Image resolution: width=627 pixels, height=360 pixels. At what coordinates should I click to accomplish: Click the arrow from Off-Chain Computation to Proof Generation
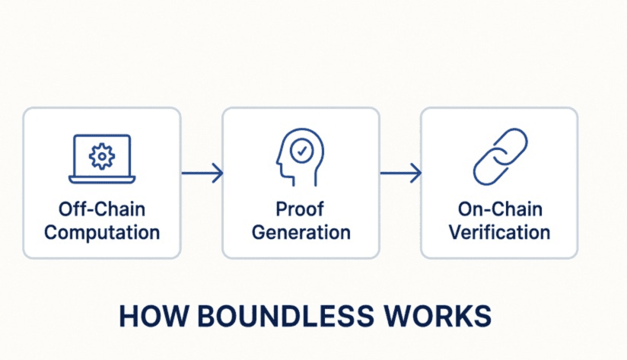[202, 174]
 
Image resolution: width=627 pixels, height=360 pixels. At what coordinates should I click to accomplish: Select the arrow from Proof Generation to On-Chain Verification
[401, 174]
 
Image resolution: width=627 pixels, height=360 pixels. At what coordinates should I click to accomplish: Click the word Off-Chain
[101, 209]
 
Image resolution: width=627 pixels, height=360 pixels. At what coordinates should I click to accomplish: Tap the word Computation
[102, 232]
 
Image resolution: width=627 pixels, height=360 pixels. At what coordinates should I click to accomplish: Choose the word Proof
[300, 209]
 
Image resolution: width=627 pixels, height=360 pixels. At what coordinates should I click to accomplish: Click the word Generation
[301, 232]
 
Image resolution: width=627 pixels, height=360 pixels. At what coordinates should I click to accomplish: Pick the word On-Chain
[500, 209]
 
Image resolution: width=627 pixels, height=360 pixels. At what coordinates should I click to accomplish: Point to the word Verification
[499, 232]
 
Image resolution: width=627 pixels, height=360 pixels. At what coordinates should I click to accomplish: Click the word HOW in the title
[154, 317]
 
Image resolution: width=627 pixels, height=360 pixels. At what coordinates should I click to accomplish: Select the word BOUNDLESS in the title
[285, 317]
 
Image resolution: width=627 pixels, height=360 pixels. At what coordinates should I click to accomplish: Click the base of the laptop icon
[102, 180]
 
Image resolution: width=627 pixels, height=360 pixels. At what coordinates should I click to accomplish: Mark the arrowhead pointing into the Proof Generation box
[218, 174]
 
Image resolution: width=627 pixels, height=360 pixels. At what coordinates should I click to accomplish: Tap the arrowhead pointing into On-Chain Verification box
[416, 174]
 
